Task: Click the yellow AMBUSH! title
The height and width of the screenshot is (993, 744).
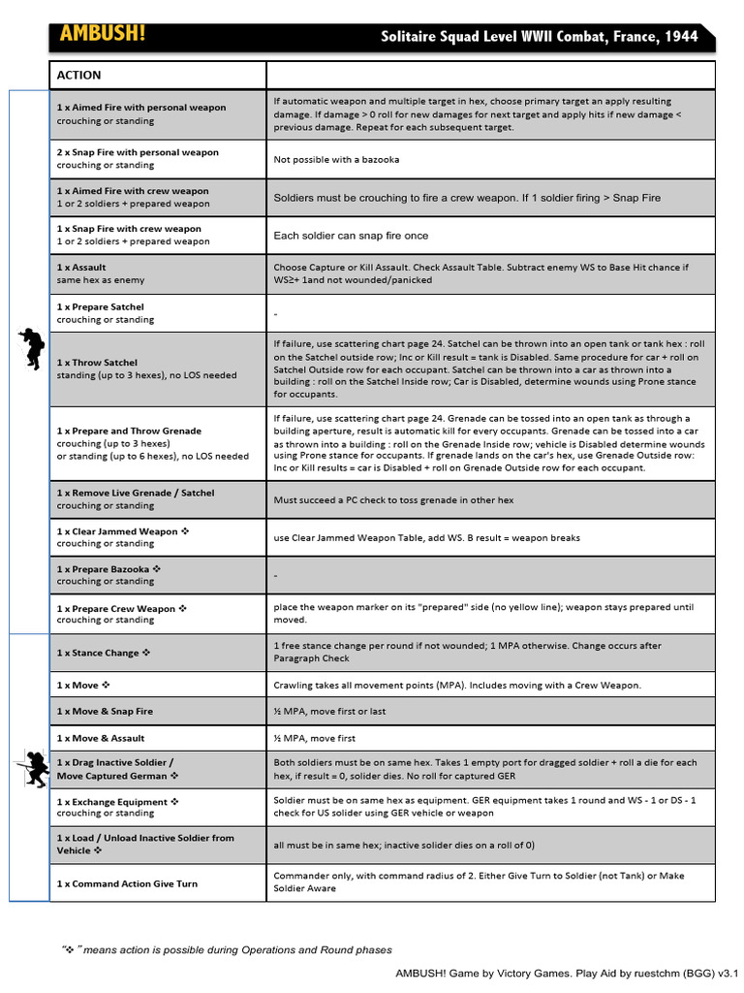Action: point(103,34)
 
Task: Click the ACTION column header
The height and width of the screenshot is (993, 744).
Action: point(78,76)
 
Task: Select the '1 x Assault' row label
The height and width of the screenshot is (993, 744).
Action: point(81,267)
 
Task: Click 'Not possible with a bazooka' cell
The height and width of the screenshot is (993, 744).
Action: point(336,159)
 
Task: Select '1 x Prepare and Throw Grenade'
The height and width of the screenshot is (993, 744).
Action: point(129,431)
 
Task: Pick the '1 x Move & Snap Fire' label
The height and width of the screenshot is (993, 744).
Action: point(105,711)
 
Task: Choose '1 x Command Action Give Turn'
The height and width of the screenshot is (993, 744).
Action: point(127,883)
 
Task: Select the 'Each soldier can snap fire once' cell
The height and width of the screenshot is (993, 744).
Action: point(351,236)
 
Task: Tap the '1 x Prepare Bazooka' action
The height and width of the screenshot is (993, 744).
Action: point(108,569)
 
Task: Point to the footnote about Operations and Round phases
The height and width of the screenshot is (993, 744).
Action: point(228,949)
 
